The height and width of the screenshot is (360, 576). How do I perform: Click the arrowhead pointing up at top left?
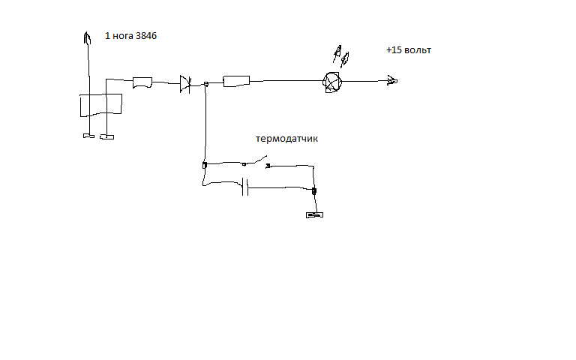tap(87, 37)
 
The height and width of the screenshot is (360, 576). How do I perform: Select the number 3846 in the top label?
tap(151, 36)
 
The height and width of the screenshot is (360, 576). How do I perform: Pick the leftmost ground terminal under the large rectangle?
tap(87, 136)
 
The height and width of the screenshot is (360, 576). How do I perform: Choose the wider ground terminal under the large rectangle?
tap(107, 137)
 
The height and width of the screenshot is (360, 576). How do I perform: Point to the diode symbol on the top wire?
tap(185, 84)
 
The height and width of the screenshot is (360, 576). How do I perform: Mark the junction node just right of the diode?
tap(205, 84)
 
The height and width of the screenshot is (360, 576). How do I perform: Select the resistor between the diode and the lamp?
tap(236, 81)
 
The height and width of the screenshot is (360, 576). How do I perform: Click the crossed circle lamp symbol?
tap(331, 81)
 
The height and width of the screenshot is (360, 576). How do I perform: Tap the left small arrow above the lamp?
tap(337, 54)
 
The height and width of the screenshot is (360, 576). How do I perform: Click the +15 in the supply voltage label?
tap(394, 50)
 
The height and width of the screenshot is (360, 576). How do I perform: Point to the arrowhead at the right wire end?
tap(391, 80)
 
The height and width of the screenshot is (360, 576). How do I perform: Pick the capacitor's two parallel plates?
tap(245, 187)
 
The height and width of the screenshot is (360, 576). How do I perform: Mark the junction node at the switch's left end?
tap(205, 165)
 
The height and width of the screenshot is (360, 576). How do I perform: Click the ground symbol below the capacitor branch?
tap(314, 216)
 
